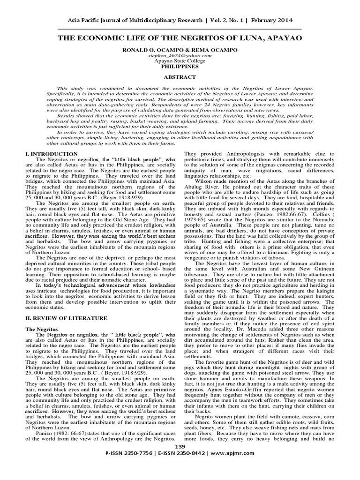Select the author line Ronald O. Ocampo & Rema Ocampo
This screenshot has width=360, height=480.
180,49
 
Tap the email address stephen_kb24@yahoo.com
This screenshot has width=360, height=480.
180,55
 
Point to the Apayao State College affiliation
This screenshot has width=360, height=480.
180,61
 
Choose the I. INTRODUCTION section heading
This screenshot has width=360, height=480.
51,154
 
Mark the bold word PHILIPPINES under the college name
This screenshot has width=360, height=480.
180,67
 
